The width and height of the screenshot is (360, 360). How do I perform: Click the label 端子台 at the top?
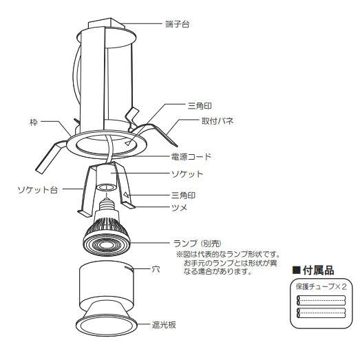(x=177, y=25)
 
